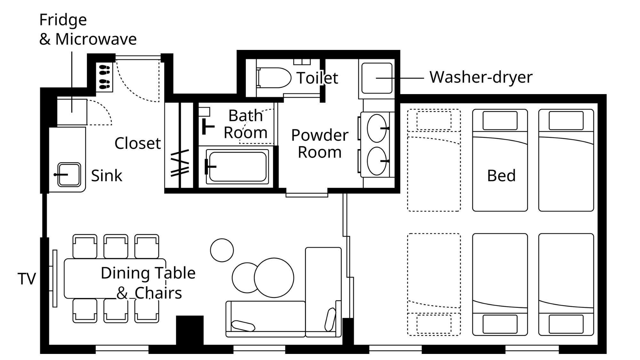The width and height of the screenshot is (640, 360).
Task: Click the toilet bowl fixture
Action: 274,77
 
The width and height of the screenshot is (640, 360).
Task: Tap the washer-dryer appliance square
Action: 377,78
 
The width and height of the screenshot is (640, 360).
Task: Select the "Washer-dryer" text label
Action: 481,77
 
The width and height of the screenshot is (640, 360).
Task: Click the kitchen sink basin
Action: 69,174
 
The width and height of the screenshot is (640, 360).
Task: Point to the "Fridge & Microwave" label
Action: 88,29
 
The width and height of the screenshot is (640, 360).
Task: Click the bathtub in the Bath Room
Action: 237,166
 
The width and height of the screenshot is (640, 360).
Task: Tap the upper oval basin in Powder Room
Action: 377,128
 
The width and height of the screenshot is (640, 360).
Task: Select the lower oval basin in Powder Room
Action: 377,161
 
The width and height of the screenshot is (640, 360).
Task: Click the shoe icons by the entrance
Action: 105,77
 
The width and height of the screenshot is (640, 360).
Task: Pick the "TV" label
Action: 27,279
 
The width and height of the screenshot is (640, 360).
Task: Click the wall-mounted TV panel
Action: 55,278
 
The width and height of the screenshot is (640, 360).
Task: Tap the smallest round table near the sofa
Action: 222,250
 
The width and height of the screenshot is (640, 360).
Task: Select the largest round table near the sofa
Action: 274,278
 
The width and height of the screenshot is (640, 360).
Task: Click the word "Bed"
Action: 501,176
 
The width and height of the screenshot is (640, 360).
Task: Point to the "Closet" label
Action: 138,143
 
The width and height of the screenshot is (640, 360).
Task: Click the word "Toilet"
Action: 317,78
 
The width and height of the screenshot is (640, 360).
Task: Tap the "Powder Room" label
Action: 320,143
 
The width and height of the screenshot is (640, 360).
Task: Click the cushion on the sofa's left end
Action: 243,326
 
